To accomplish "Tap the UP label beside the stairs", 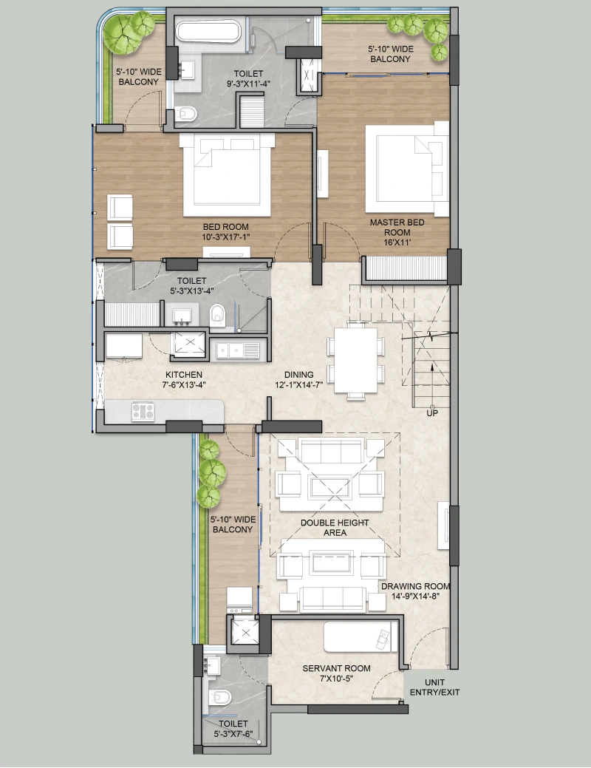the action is point(432,413).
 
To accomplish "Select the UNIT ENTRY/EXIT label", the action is point(434,687).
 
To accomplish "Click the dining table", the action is point(356,359).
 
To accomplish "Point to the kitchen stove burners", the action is point(143,412).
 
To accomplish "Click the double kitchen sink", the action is point(237,350).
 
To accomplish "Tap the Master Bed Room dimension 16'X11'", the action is point(397,242).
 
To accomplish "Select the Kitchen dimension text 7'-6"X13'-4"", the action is point(184,384).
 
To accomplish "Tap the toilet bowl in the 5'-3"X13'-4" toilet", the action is point(216,315).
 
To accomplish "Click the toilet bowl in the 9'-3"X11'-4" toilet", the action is point(187,114).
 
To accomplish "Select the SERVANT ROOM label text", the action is point(336,668).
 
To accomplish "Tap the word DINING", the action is point(298,375).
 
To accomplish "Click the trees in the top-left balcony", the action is point(129,31).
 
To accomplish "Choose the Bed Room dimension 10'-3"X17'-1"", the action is point(226,237).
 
